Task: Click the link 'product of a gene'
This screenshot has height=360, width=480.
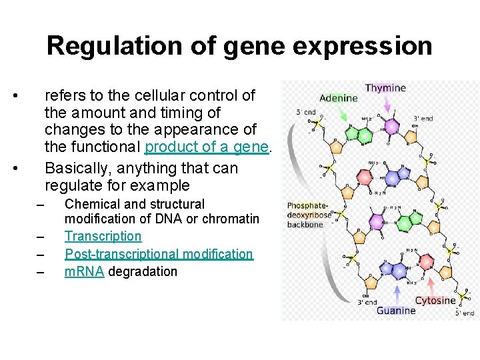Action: coord(207,147)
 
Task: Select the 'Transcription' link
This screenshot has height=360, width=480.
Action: coord(103,236)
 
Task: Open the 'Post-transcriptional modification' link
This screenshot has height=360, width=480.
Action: coord(159,254)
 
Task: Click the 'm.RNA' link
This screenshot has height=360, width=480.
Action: coord(84,271)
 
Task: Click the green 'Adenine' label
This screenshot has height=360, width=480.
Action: coord(339,98)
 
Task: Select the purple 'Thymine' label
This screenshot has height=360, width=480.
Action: coord(385,88)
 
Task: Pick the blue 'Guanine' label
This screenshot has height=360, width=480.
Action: coord(396,310)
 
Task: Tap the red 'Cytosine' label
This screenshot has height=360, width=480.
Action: coord(435,300)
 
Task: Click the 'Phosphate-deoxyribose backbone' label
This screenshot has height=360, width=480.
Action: coord(309,215)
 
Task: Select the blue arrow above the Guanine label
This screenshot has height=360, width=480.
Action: coord(398,293)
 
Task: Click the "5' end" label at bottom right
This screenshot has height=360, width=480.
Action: coord(465,312)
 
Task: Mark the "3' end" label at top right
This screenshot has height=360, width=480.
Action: coord(423,119)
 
